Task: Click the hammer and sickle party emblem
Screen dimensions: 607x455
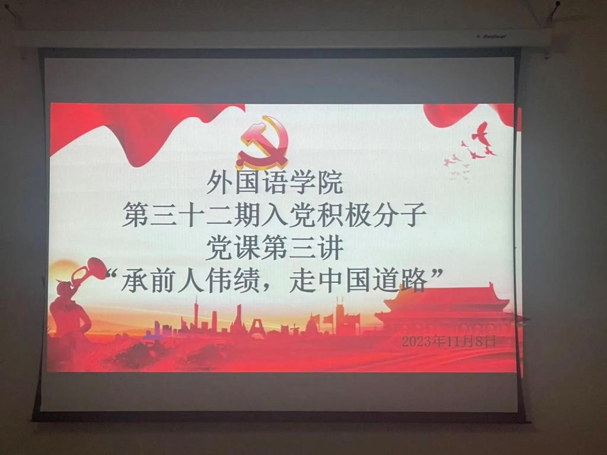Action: click(263, 142)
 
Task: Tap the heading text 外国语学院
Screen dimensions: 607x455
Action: click(275, 183)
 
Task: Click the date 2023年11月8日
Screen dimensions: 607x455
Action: click(449, 341)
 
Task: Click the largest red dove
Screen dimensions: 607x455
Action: click(481, 133)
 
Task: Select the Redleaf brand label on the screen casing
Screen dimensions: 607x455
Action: click(491, 36)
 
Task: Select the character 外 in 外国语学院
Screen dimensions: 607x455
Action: click(219, 183)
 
